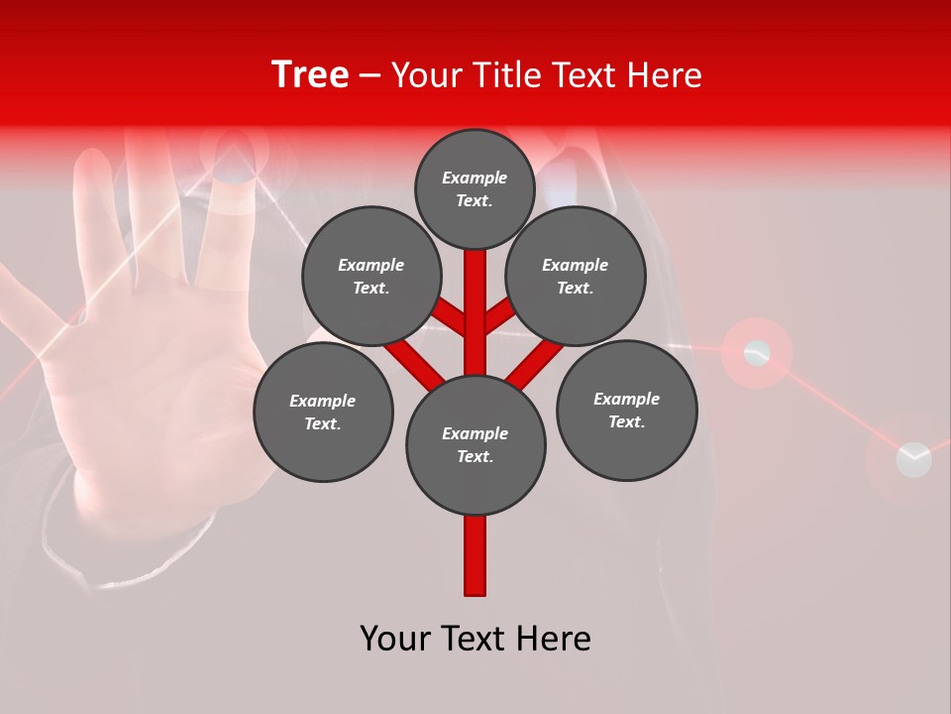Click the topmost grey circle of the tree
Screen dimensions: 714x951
(475, 188)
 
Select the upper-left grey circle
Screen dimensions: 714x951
(371, 276)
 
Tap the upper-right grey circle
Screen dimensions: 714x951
(576, 276)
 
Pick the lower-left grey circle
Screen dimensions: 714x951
(323, 412)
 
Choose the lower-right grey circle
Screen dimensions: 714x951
(626, 410)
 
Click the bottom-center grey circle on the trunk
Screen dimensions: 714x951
(475, 445)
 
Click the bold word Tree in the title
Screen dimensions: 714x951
(310, 75)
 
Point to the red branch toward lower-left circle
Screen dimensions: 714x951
(414, 363)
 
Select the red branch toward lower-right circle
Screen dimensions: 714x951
(535, 363)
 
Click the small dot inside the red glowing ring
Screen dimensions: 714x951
(757, 352)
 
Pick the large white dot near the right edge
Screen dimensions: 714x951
(913, 459)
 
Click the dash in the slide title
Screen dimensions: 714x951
(370, 76)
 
